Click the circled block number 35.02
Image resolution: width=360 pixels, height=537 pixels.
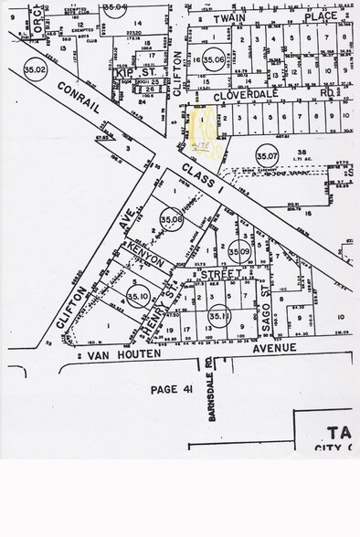pos(36,68)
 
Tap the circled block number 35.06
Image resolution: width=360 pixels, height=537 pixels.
pos(214,59)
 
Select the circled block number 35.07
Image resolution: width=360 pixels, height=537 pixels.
pos(267,153)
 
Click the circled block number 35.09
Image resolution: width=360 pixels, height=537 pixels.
pos(239,250)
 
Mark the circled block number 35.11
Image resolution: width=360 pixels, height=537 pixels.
pos(218,316)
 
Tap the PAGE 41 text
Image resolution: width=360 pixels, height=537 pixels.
pos(171,388)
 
